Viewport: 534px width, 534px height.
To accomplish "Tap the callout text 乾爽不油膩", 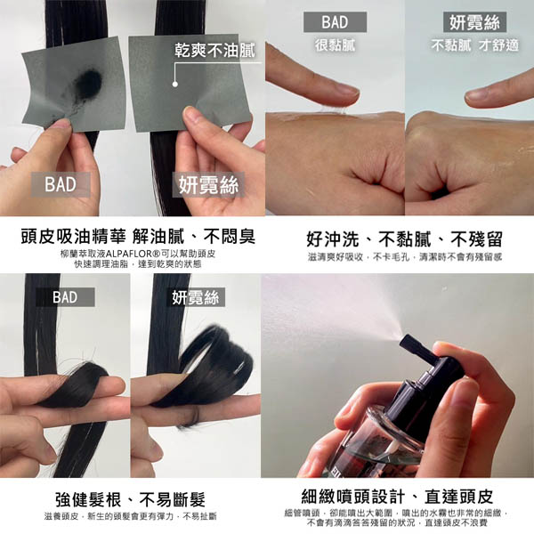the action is (x=214, y=51).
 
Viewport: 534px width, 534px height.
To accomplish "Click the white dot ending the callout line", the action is (x=175, y=84).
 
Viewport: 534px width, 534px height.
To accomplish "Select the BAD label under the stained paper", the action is (x=61, y=184).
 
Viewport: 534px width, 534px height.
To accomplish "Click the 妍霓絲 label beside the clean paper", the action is (x=208, y=184).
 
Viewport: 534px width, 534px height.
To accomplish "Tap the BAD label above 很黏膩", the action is (x=336, y=22).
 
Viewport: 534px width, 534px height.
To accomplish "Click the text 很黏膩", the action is (x=336, y=45).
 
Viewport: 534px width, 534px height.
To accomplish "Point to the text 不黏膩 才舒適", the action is (x=474, y=45).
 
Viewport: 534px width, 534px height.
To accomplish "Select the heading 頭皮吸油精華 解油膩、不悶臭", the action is (x=138, y=237).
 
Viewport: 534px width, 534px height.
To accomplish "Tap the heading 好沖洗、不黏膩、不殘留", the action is (x=405, y=239).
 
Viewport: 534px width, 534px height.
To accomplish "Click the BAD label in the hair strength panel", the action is (x=65, y=297).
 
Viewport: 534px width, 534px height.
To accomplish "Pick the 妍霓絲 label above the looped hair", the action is (x=195, y=297).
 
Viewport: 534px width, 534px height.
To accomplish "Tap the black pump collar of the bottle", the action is (x=425, y=392).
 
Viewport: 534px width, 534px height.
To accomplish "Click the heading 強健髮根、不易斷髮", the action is (x=131, y=499).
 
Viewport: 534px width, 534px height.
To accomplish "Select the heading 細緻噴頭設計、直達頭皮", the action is (x=398, y=497).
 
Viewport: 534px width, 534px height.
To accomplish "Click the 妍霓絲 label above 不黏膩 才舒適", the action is (x=474, y=22).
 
